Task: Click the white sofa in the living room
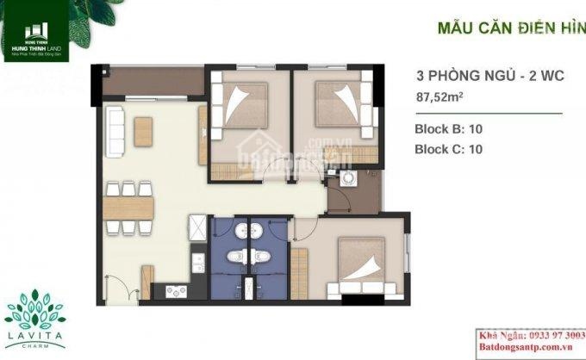115,133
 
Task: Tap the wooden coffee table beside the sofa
145,131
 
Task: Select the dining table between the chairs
128,207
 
